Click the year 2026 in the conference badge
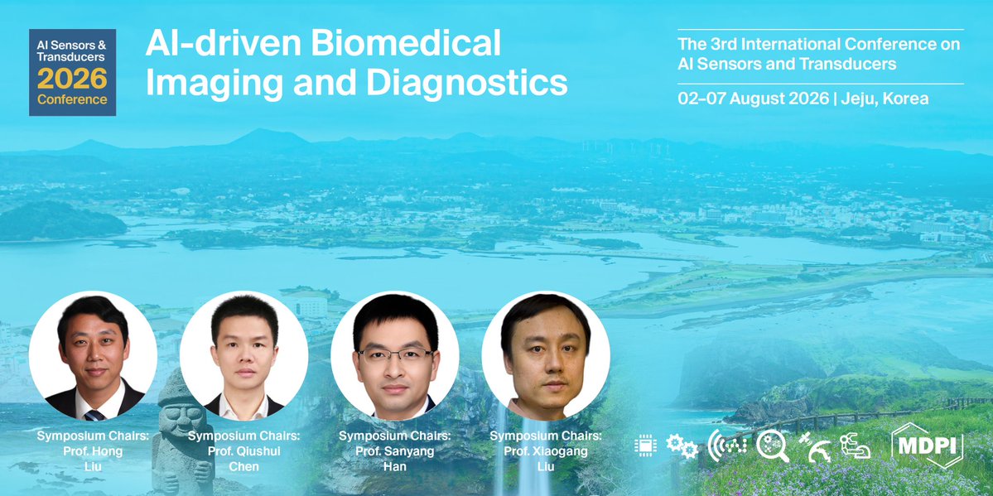click(72, 79)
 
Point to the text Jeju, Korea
click(884, 99)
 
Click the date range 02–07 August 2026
click(753, 99)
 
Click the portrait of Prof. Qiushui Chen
click(243, 355)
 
